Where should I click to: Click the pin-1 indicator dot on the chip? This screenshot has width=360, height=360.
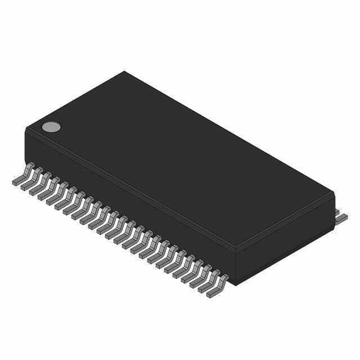tap(51, 127)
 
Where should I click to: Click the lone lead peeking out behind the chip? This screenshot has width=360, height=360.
tap(341, 216)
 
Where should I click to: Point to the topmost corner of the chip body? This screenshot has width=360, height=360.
tap(124, 72)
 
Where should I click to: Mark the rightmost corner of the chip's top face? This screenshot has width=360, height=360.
tap(333, 193)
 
